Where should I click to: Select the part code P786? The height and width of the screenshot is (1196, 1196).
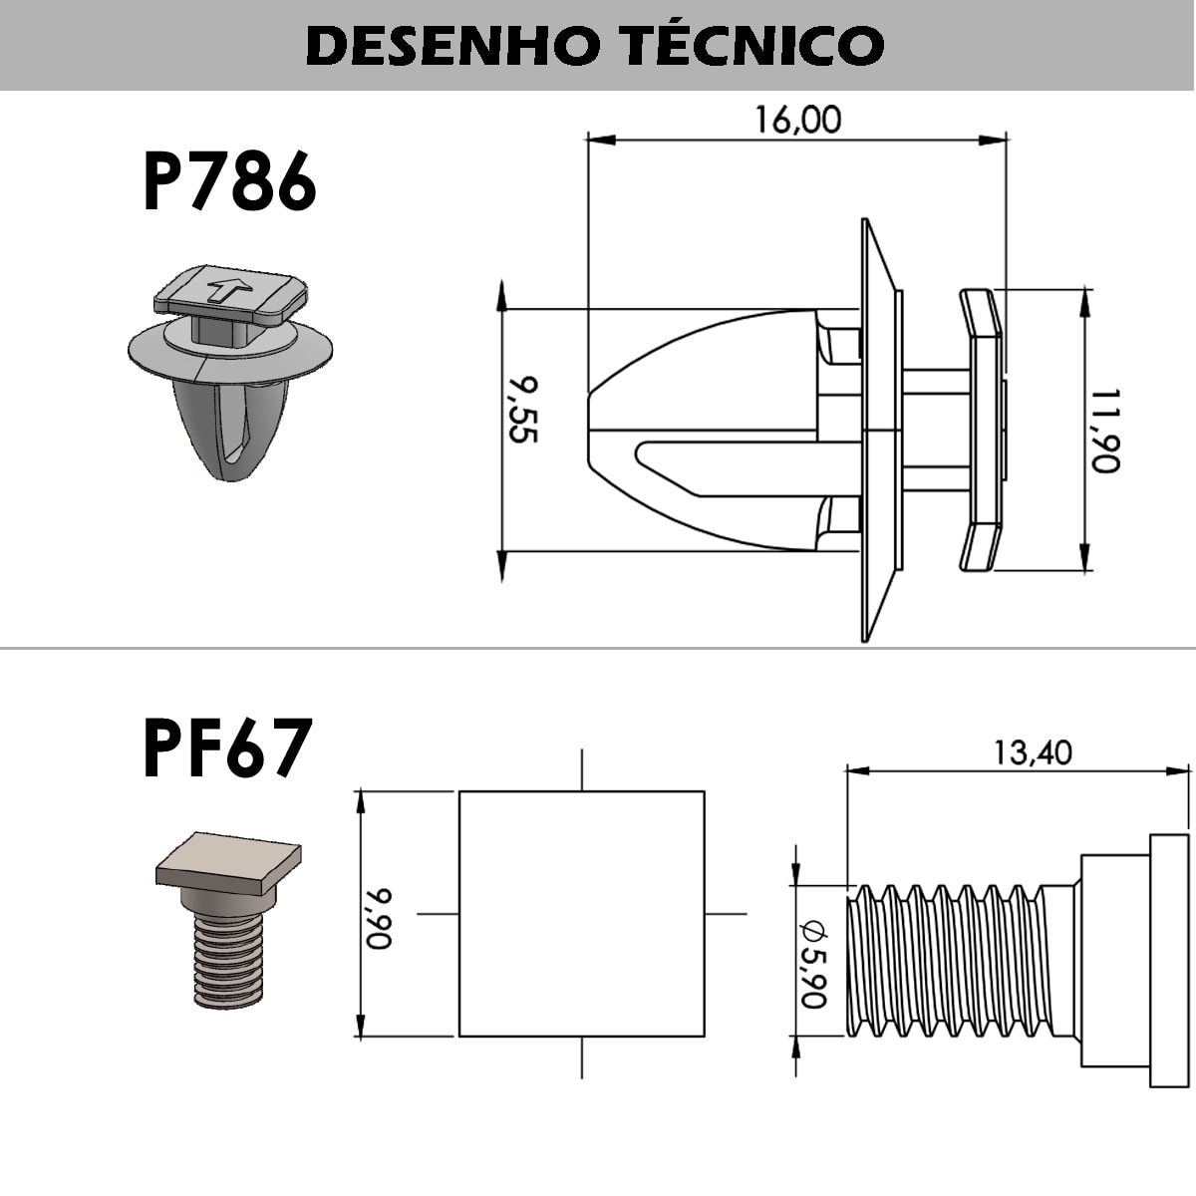tap(229, 182)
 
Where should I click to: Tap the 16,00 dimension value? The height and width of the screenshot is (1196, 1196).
tap(797, 120)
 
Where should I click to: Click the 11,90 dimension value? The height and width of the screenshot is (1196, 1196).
tap(1105, 431)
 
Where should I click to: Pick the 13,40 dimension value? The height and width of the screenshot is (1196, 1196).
tap(1032, 751)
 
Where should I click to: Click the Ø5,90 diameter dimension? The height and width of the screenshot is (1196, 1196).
tap(813, 963)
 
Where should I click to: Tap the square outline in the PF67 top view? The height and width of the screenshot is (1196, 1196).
tap(581, 914)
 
